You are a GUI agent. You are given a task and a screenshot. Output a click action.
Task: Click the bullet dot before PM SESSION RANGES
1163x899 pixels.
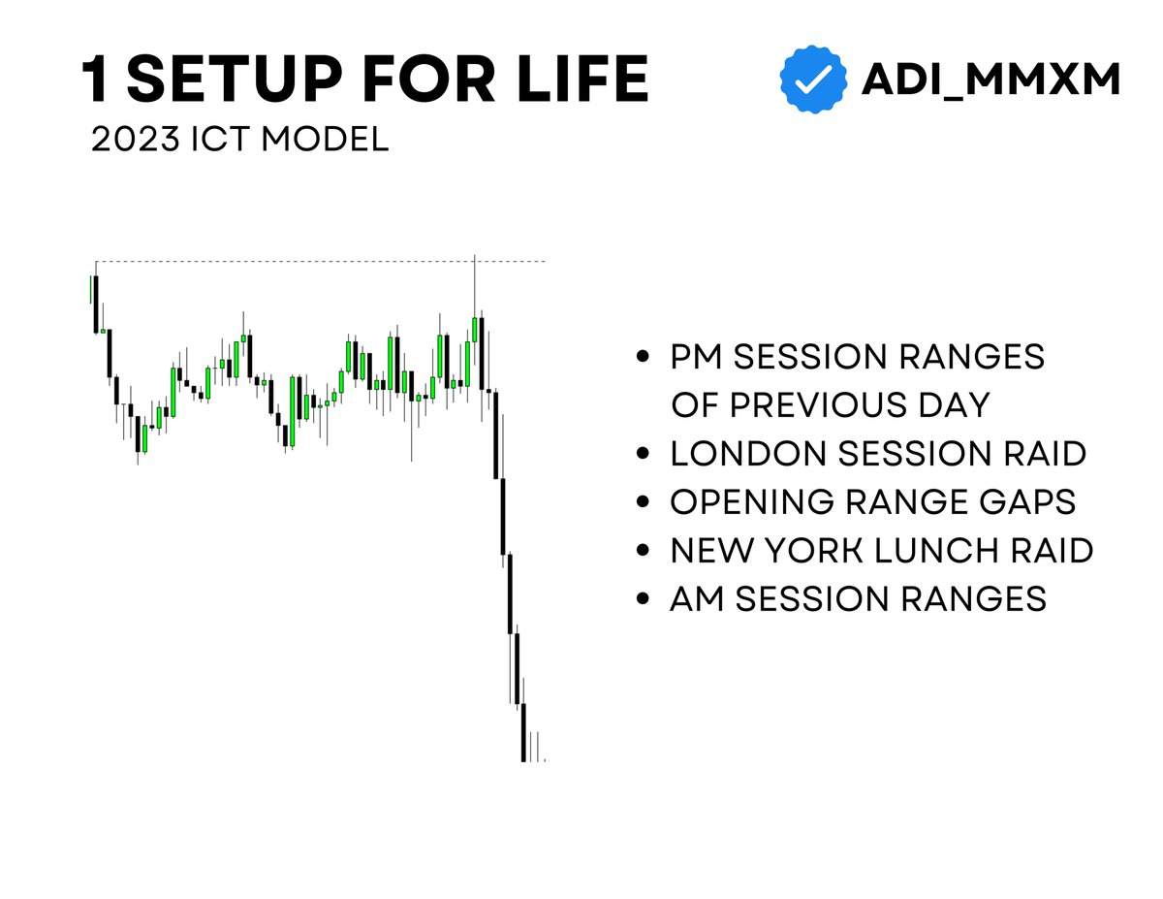click(x=643, y=358)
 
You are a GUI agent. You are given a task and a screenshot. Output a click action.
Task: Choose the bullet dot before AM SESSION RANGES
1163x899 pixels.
click(x=643, y=599)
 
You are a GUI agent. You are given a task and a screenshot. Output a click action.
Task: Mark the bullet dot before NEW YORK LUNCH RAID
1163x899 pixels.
click(x=643, y=550)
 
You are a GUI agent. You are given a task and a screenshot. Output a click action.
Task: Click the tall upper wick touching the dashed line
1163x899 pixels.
click(x=475, y=286)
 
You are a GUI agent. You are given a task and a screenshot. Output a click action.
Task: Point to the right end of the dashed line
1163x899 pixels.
click(x=545, y=261)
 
